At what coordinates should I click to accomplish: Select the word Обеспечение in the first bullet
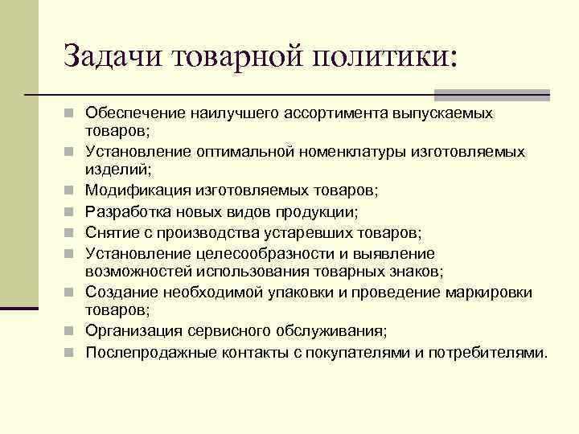(x=133, y=113)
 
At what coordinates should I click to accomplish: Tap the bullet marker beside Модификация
(x=72, y=190)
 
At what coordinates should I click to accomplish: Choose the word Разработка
(x=129, y=211)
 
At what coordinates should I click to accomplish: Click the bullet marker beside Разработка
(x=72, y=211)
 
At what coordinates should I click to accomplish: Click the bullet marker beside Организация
(x=72, y=330)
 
